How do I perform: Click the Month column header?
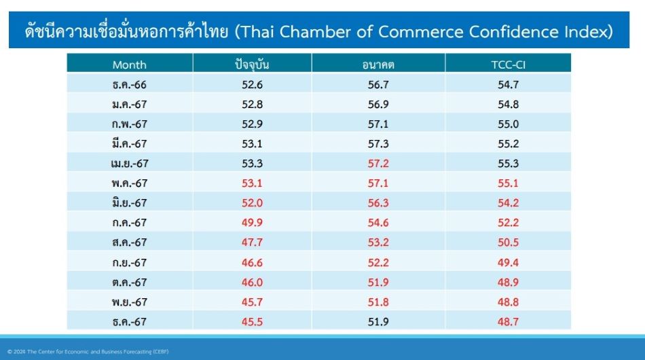[129, 65]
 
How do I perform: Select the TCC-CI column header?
[508, 65]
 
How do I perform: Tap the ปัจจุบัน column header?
[252, 65]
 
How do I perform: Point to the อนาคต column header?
[378, 65]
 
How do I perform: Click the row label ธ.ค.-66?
[129, 84]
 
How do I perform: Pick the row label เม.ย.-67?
[129, 163]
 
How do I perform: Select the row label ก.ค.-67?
[129, 223]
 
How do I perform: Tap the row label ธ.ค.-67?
[129, 322]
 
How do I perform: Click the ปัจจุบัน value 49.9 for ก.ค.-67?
[252, 223]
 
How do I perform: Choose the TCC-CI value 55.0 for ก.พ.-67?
[508, 124]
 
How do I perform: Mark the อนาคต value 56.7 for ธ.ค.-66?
[378, 84]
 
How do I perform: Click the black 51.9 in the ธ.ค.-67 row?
[378, 322]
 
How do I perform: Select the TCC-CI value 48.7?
[508, 322]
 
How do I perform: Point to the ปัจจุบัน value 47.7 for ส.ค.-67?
[252, 242]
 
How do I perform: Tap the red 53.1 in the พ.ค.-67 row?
[252, 183]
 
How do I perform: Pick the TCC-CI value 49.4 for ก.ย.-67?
[508, 262]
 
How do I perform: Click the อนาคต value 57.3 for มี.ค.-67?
[378, 143]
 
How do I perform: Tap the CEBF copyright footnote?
[88, 352]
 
